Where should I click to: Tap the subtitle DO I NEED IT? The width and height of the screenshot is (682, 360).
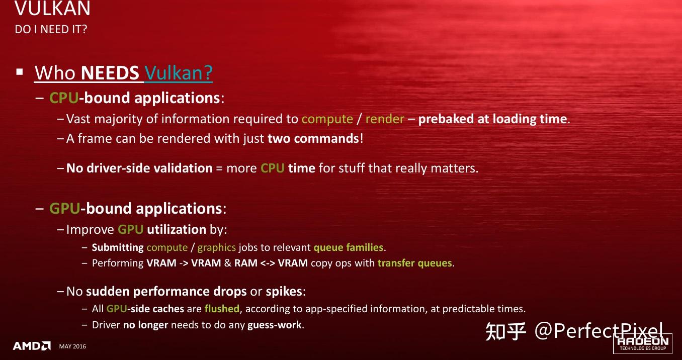click(51, 29)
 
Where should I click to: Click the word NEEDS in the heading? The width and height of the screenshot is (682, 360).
click(110, 73)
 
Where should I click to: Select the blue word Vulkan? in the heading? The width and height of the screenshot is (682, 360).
click(179, 73)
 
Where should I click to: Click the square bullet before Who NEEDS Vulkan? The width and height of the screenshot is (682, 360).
click(20, 72)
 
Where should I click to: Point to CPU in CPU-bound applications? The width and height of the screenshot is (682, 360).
click(64, 98)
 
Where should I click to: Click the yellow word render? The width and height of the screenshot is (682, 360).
click(385, 119)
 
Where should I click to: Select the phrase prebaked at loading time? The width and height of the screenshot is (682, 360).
click(493, 119)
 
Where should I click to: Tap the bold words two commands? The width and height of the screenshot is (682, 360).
click(313, 138)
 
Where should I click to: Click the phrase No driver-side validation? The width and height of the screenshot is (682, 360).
click(139, 168)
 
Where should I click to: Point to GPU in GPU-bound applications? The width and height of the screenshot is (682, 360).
click(64, 208)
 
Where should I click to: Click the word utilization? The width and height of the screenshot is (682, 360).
click(177, 230)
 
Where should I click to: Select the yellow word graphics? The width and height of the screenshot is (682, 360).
click(217, 247)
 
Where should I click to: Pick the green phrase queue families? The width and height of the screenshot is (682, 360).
click(348, 247)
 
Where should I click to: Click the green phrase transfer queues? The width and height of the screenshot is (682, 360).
click(415, 263)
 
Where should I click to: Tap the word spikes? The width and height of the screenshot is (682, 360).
click(284, 292)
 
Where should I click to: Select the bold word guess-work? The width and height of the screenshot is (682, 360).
click(275, 325)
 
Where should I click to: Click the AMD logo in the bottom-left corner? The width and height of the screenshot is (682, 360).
click(32, 346)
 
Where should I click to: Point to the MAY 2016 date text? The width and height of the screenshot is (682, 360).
click(72, 346)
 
